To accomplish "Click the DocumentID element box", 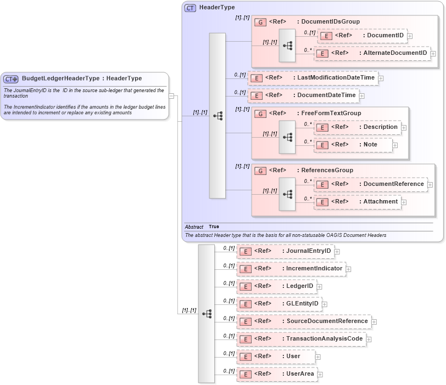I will tap(363, 36).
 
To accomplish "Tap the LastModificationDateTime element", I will tap(313, 78).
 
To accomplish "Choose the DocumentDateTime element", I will tap(303, 95).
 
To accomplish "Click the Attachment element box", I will tap(357, 202).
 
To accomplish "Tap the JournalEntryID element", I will tap(285, 251).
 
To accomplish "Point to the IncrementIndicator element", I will tap(291, 269).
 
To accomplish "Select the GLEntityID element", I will tap(278, 304).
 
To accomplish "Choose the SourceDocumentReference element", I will tap(304, 321).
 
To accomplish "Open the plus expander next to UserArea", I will tap(320, 375).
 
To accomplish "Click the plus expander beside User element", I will tap(317, 357).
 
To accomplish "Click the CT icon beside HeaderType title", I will tap(190, 8).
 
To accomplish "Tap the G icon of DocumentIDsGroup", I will tap(261, 22).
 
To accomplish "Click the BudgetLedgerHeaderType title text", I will tap(60, 78).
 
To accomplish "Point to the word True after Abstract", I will tap(214, 227).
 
